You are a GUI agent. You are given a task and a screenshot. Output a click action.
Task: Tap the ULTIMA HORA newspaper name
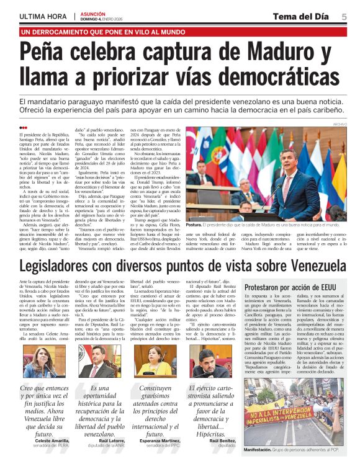point(42,16)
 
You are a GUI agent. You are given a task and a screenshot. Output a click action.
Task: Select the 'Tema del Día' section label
point(305,16)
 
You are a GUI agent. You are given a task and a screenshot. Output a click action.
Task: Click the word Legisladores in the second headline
point(68,267)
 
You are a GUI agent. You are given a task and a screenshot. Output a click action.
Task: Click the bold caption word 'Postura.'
point(194,225)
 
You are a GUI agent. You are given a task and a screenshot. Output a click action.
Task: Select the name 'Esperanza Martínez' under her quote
point(160,455)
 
